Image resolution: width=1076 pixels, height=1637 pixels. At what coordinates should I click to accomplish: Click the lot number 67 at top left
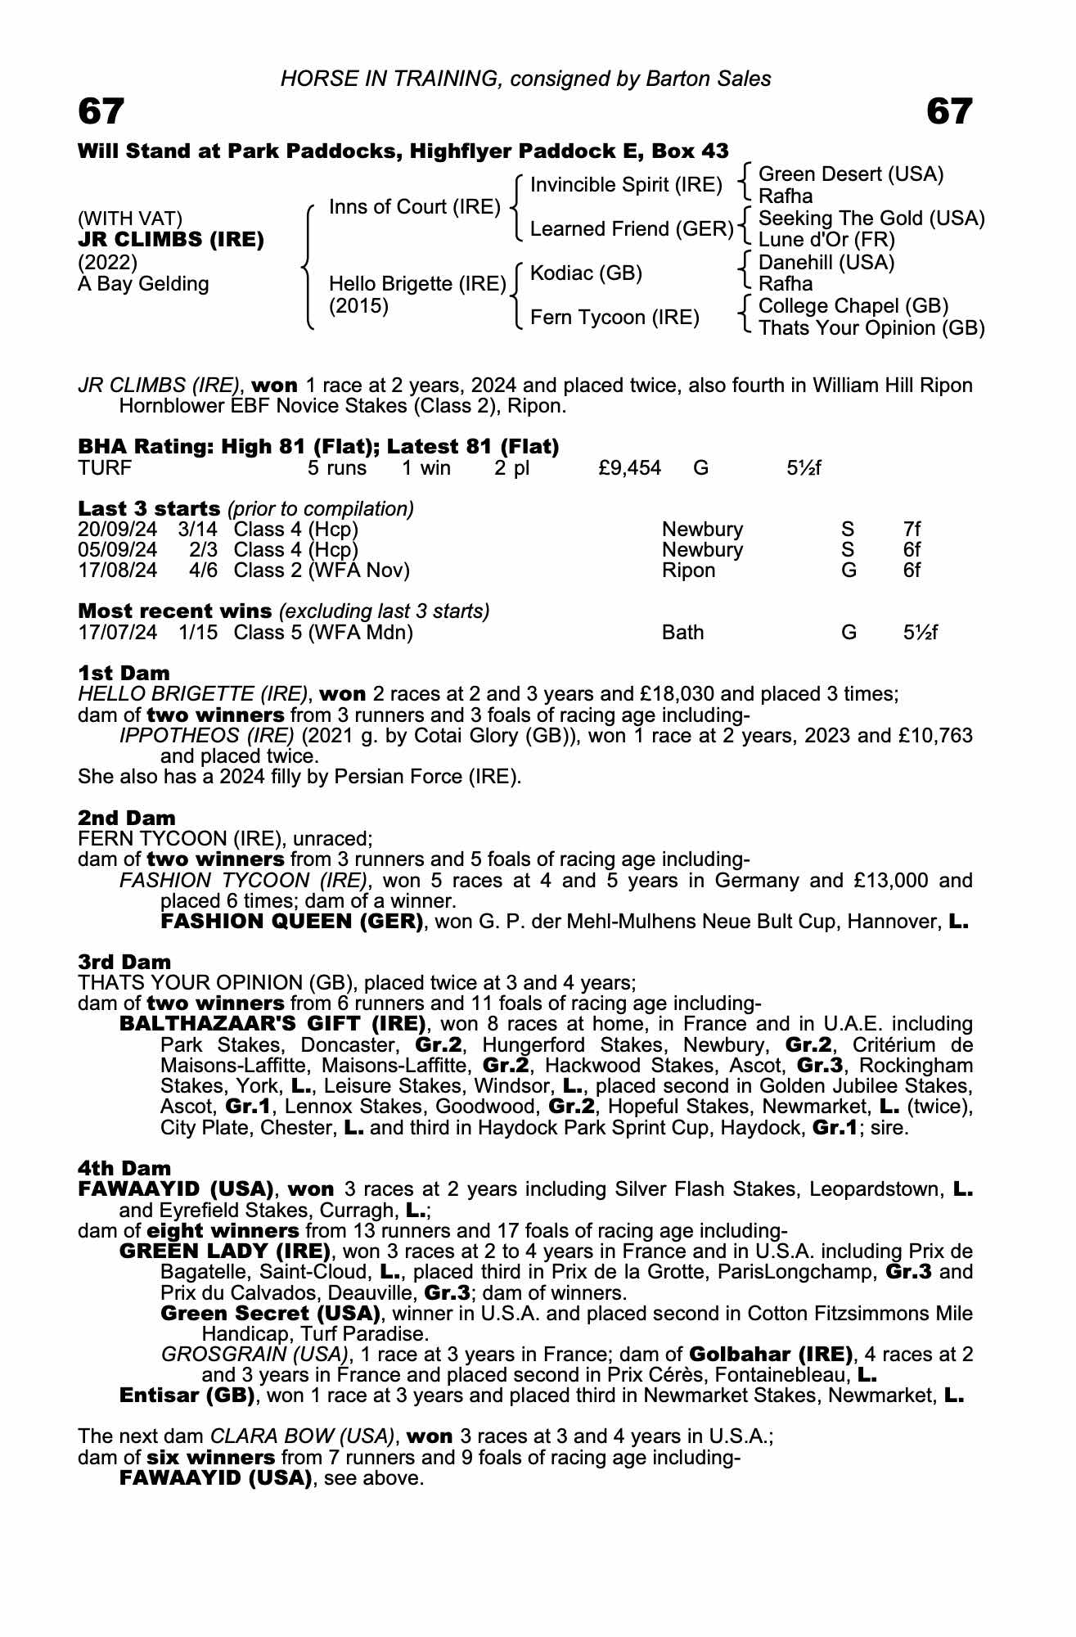101,111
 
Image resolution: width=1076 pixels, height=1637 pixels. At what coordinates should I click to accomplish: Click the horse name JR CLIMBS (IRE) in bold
171,240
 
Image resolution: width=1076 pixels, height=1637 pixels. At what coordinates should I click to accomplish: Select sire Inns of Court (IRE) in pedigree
414,207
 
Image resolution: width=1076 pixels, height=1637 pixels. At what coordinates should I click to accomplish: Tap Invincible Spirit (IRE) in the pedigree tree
626,185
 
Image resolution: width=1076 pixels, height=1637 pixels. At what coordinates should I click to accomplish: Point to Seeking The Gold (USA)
871,219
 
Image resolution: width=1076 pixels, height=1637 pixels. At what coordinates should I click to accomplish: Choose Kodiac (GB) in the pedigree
586,273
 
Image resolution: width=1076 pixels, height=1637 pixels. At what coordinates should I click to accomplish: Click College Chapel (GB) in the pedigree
853,306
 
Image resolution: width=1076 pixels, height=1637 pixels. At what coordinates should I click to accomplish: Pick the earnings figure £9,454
629,468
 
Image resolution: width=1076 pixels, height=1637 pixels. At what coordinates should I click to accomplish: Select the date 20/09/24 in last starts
118,530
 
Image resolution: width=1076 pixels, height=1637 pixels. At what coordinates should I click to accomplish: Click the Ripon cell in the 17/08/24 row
688,570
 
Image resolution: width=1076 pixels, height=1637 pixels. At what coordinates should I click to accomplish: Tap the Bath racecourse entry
682,633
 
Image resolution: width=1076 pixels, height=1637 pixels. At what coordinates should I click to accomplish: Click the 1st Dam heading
124,673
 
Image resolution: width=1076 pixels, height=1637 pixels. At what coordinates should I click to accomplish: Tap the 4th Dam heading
124,1168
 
